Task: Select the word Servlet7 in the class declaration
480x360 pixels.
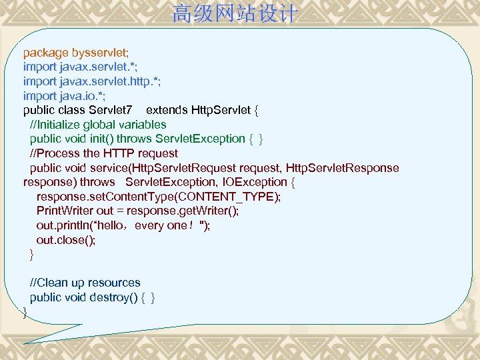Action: pyautogui.click(x=113, y=110)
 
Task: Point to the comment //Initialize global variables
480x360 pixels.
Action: pyautogui.click(x=98, y=125)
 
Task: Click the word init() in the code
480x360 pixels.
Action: pyautogui.click(x=102, y=139)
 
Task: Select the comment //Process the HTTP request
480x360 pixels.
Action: pyautogui.click(x=104, y=153)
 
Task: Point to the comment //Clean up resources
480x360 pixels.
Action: pyautogui.click(x=85, y=283)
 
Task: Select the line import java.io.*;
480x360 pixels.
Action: pyautogui.click(x=64, y=95)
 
